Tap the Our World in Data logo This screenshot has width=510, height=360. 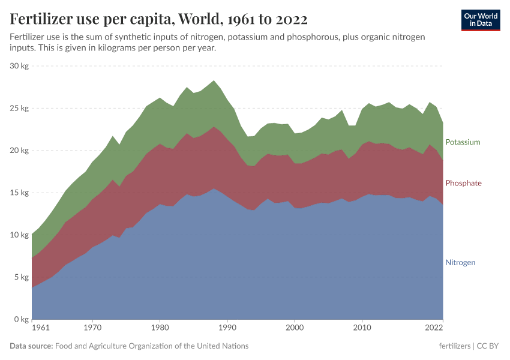(x=480, y=20)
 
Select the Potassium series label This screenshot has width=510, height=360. (x=463, y=142)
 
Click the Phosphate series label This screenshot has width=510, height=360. (x=463, y=183)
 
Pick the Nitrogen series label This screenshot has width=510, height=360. (x=460, y=262)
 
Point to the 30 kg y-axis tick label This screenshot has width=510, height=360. (x=19, y=66)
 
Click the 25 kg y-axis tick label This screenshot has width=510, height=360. (x=19, y=109)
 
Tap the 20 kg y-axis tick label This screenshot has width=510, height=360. (x=19, y=151)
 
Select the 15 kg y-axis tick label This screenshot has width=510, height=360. (x=19, y=193)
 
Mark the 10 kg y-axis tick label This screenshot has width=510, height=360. (x=19, y=235)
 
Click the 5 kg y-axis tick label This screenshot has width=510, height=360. (x=21, y=277)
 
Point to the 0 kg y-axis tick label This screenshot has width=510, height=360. (x=21, y=319)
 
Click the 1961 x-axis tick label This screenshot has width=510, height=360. (x=40, y=328)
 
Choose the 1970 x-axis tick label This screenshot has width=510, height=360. (x=92, y=328)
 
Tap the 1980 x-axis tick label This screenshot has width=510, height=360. (x=160, y=328)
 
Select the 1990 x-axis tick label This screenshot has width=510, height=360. (x=227, y=328)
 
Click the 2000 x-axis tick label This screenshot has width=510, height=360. (x=294, y=328)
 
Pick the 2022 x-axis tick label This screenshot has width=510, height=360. (x=434, y=328)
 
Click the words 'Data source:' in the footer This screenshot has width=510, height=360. (x=31, y=346)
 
